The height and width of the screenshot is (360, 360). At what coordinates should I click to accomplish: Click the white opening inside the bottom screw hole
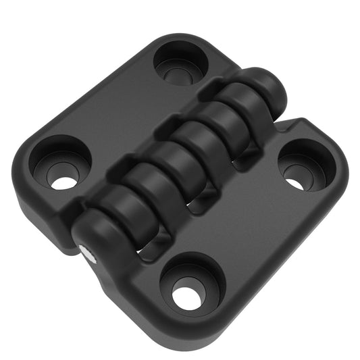[x=187, y=297]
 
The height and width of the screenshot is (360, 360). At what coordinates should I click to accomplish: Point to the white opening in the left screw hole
[x=64, y=182]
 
